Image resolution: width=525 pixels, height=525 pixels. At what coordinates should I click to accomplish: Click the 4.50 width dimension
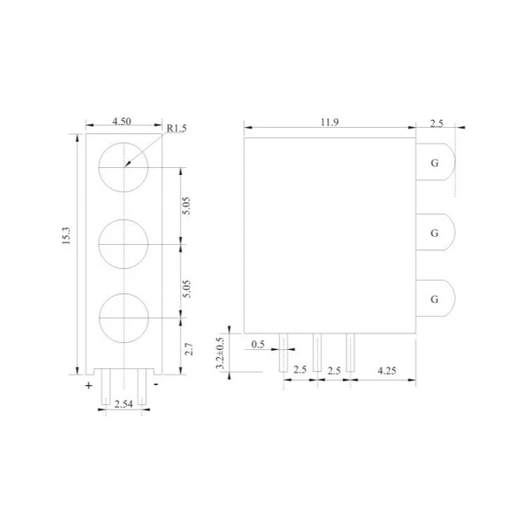click(122, 122)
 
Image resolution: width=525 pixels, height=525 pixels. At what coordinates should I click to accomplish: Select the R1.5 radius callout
click(177, 129)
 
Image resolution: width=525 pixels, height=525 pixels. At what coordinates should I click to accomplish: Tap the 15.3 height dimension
click(66, 235)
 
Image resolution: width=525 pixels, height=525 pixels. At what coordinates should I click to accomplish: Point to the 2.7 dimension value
click(189, 349)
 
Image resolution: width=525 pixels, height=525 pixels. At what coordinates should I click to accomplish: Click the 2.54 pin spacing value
click(123, 403)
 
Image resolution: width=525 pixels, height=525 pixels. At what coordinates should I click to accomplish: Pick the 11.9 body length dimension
click(330, 122)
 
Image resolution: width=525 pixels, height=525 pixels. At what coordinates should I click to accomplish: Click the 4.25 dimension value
click(387, 371)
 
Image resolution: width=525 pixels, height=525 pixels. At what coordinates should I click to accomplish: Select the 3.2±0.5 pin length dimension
click(220, 353)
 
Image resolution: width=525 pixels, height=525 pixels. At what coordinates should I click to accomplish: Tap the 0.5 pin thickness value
click(258, 344)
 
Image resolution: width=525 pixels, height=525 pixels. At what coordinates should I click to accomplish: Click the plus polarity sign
click(88, 386)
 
